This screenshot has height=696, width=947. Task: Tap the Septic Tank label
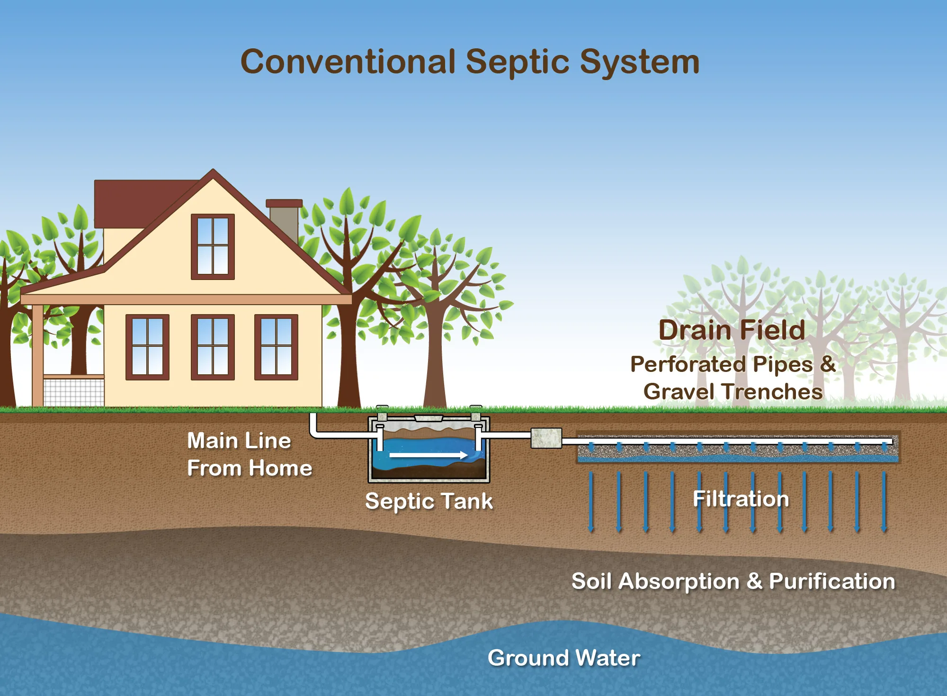[429, 501]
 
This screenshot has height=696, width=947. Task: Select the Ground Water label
[564, 658]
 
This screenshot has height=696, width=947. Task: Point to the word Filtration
[741, 499]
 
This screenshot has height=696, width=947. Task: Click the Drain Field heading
[732, 330]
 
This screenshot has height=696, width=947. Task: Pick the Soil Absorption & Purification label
[733, 581]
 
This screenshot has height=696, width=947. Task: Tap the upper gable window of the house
[213, 246]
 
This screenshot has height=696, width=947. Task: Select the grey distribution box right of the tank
[546, 438]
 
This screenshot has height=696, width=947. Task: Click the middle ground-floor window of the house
[213, 347]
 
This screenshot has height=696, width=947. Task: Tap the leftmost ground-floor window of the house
[147, 347]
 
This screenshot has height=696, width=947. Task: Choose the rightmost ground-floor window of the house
[276, 347]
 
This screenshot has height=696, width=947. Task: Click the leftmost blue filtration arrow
[590, 502]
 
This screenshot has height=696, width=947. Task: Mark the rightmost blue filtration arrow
[884, 502]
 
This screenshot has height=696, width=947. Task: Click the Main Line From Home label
[250, 454]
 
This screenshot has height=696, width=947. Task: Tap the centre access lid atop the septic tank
[429, 418]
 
